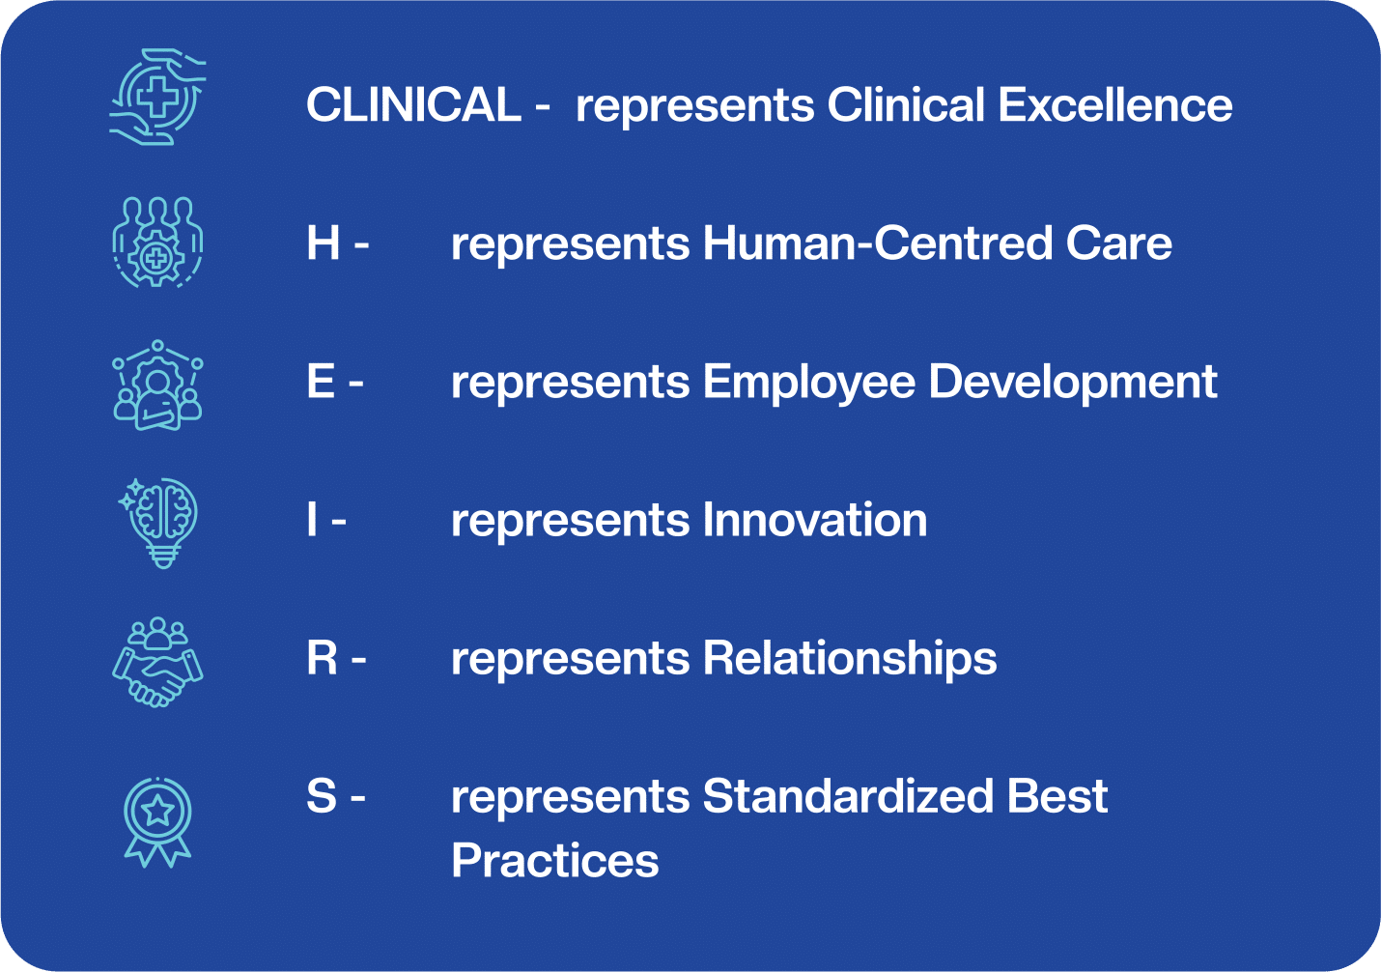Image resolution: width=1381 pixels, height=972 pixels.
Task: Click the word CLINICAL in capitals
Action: coord(413,104)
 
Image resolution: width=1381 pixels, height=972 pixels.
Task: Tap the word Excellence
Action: coord(1115,104)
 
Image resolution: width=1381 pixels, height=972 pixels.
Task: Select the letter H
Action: coord(324,243)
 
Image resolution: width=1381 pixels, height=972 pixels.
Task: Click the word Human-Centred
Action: coord(877,243)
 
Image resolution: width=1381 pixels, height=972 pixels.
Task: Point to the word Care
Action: coord(1119,243)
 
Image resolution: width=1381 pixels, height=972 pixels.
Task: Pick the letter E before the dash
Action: coord(321,381)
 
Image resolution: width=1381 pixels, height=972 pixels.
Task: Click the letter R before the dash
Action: coord(322,657)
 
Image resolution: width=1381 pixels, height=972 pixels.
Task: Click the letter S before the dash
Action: coord(322,795)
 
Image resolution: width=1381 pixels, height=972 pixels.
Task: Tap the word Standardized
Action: coord(848,795)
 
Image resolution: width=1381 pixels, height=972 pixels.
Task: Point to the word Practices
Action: coord(555,860)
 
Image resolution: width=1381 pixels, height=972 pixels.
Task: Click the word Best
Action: coord(1057,795)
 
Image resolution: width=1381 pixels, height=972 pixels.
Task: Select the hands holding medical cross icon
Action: coord(157,97)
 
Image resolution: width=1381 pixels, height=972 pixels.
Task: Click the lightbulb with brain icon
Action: coord(158,523)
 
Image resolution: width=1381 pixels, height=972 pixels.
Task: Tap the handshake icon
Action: coord(157,662)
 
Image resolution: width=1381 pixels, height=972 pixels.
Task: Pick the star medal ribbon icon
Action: coord(157,822)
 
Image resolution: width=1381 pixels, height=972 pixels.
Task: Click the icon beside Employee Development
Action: coord(157,385)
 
